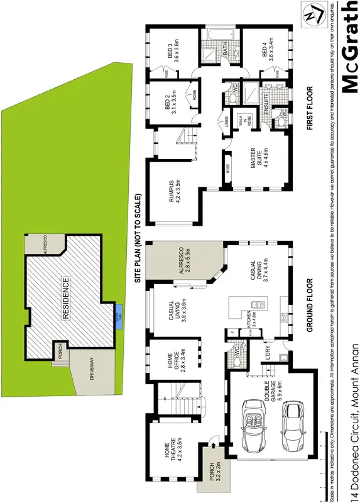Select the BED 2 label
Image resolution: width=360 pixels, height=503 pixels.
pyautogui.click(x=170, y=101)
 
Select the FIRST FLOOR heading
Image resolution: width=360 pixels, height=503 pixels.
pyautogui.click(x=310, y=108)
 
